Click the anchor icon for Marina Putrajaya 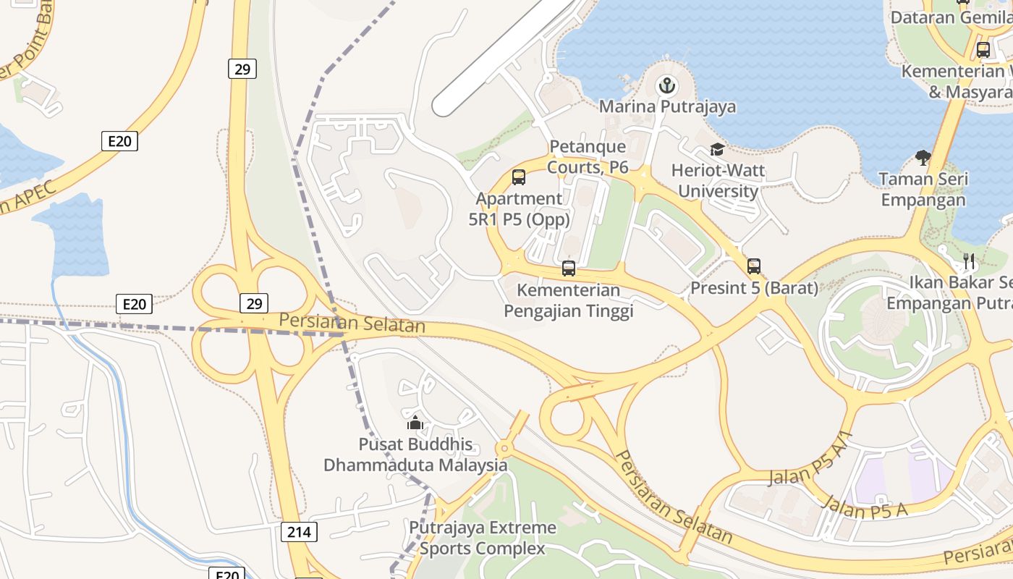(666, 87)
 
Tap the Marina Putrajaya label (667, 107)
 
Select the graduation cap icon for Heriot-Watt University (717, 150)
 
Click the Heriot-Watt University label (718, 181)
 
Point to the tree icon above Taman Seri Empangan (923, 156)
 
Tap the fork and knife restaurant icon (969, 261)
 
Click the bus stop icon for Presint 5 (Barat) (754, 266)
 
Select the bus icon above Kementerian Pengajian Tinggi (569, 269)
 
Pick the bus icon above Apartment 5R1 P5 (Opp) (519, 177)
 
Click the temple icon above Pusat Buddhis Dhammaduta (415, 423)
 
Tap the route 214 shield (298, 533)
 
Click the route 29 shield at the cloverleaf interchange (254, 303)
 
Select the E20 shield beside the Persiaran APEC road (119, 141)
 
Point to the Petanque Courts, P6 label (588, 157)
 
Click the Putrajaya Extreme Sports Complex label (483, 538)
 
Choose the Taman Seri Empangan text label (923, 190)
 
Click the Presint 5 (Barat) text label (754, 288)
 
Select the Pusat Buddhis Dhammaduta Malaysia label (415, 455)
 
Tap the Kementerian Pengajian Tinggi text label (569, 301)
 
